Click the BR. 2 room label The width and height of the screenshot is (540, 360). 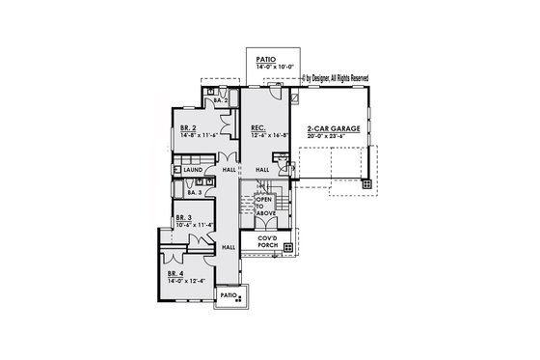click(x=188, y=127)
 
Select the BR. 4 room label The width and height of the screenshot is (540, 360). click(x=175, y=274)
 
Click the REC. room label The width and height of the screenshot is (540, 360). click(x=258, y=127)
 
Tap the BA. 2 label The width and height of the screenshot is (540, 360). click(x=220, y=100)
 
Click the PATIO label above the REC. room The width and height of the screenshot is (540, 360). click(x=266, y=60)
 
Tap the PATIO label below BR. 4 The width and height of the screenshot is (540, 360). click(x=228, y=294)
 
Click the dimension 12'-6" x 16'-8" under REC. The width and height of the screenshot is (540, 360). click(x=267, y=135)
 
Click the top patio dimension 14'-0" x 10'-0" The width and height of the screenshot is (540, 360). click(x=266, y=68)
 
